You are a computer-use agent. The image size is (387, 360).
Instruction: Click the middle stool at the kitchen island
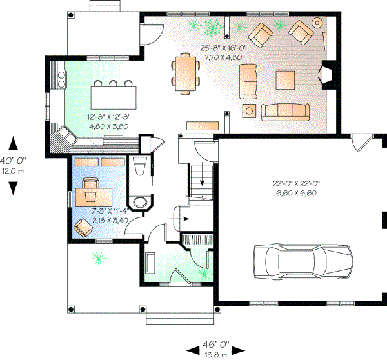(x=114, y=83)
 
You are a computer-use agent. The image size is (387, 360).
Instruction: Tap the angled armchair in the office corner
(x=83, y=227)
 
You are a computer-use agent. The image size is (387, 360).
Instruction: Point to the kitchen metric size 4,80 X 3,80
(x=109, y=126)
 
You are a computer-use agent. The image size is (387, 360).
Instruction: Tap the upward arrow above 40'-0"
(x=14, y=143)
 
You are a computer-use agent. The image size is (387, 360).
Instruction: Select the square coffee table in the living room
(x=285, y=80)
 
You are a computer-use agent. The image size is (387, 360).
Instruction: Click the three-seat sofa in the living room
(x=284, y=112)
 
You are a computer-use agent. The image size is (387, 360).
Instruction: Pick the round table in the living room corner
(x=317, y=23)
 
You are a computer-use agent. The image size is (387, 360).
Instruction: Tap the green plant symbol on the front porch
(x=99, y=259)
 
